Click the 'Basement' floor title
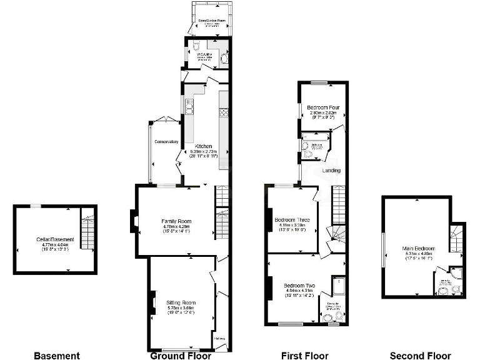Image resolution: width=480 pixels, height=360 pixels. [57, 356]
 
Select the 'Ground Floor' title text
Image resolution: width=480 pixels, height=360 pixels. [181, 356]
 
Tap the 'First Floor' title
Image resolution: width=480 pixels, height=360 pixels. [304, 356]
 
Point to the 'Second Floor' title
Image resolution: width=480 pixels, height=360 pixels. [420, 356]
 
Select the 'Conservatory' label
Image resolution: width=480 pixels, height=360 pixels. [166, 142]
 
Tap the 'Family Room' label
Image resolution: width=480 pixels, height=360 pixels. [176, 221]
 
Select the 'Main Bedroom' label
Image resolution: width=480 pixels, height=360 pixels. [419, 249]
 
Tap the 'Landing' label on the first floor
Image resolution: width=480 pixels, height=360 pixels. [331, 171]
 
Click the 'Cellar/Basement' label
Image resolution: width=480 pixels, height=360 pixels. [55, 239]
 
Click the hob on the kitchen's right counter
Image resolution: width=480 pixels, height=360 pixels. [223, 113]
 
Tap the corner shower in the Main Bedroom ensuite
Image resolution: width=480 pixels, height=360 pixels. [456, 272]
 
